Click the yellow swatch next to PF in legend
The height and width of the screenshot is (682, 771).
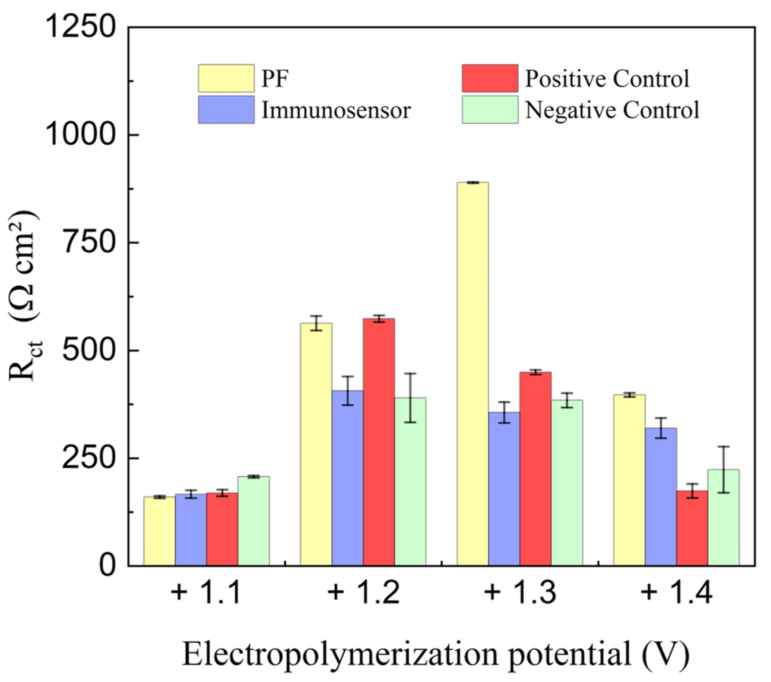click(x=226, y=78)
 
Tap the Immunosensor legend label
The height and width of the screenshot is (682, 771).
click(x=336, y=110)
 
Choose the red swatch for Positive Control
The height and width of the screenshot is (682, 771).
click(x=490, y=78)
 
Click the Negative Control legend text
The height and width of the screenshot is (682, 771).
click(x=612, y=110)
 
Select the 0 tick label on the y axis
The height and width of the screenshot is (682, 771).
click(x=107, y=566)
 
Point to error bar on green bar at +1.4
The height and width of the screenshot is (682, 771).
click(x=723, y=469)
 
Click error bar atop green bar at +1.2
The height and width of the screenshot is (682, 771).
click(x=410, y=398)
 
